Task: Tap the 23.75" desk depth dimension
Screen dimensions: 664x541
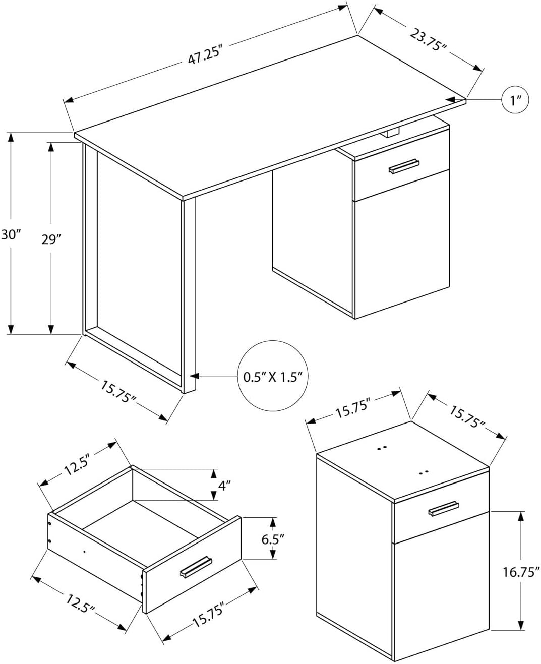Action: pos(429,40)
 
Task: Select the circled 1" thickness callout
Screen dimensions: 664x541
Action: pos(516,100)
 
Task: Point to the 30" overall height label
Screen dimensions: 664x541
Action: pos(10,235)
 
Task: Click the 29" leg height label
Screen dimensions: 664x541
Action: pos(51,239)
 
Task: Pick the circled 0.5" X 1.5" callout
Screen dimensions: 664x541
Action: pos(272,376)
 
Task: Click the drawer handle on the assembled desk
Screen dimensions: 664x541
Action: pos(404,167)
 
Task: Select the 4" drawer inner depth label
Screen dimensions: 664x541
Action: pos(224,486)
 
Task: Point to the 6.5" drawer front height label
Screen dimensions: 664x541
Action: pos(273,538)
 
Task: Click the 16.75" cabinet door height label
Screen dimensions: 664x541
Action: pos(521,572)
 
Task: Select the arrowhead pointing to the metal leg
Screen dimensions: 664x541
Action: pos(194,376)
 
